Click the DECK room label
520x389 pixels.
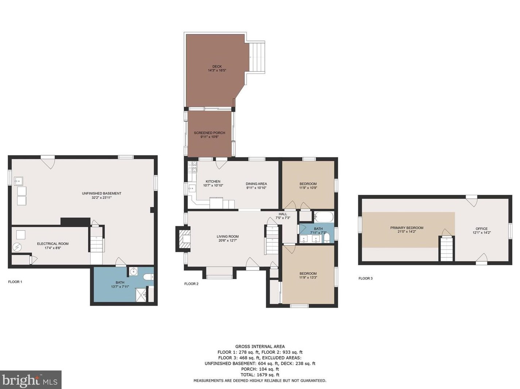tap(217, 66)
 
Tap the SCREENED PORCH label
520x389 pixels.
tap(209, 133)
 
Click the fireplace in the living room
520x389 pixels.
tap(183, 239)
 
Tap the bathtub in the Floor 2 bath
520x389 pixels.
tap(324, 217)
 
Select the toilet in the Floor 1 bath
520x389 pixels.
tap(148, 277)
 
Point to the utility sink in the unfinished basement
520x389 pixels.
tap(18, 181)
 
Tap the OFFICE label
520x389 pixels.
tap(482, 229)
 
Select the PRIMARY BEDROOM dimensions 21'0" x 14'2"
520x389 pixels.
tap(407, 232)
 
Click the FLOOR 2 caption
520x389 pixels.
tap(191, 284)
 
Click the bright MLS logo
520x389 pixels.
tap(31, 380)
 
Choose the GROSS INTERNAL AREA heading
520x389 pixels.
tap(260, 347)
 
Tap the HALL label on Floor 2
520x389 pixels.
tap(283, 214)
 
